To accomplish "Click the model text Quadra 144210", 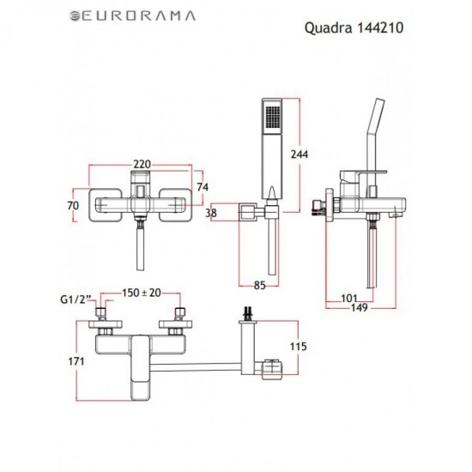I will point(354,27).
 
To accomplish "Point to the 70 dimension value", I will point(74,205).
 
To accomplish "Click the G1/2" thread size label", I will point(76,300).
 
